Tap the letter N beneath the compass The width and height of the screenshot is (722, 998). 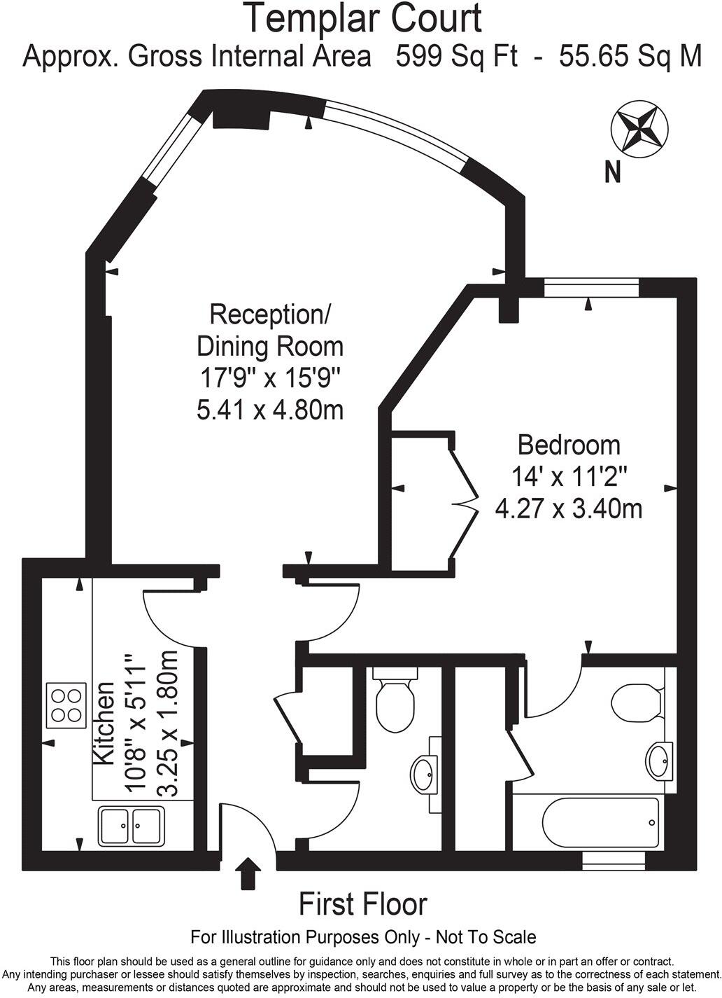pyautogui.click(x=613, y=172)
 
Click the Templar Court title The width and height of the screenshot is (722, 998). pyautogui.click(x=362, y=19)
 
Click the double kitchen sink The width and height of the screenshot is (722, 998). pyautogui.click(x=132, y=825)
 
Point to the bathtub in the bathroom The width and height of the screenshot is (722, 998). pyautogui.click(x=601, y=822)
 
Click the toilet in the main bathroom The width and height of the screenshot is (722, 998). pyautogui.click(x=635, y=702)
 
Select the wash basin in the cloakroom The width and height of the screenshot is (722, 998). pyautogui.click(x=425, y=773)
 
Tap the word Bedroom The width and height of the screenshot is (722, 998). pyautogui.click(x=568, y=445)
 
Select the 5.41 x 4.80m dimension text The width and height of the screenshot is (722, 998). pyautogui.click(x=270, y=409)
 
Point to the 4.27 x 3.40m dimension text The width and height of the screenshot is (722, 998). pyautogui.click(x=568, y=508)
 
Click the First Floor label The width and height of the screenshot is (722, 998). pyautogui.click(x=362, y=904)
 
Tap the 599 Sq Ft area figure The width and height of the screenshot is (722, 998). pyautogui.click(x=456, y=56)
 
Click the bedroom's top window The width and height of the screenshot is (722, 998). pyautogui.click(x=591, y=288)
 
